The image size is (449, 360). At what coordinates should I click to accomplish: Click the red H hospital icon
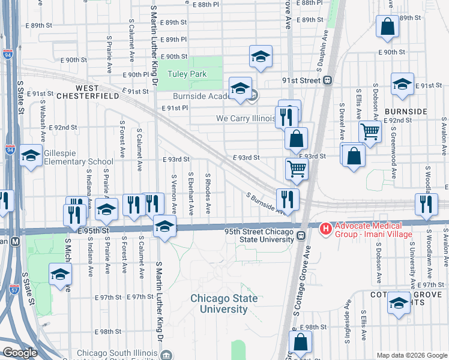[325, 229]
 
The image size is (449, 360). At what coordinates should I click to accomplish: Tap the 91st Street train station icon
[328, 80]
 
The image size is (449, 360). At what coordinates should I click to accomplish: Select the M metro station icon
[15, 241]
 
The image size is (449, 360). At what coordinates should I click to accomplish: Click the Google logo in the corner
[20, 353]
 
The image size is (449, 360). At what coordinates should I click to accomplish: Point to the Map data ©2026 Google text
[411, 355]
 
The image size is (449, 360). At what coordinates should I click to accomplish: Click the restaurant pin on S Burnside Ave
[288, 199]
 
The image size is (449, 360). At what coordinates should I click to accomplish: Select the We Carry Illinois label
[246, 119]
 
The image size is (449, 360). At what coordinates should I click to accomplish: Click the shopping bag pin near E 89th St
[387, 27]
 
